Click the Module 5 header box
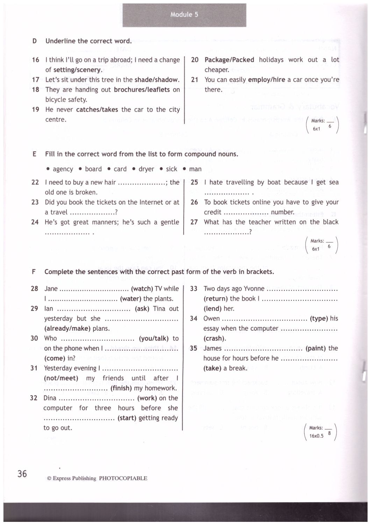click(184, 15)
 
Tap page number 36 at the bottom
click(22, 474)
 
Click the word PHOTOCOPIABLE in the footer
click(123, 478)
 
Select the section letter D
click(35, 41)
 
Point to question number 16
click(36, 60)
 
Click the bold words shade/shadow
click(156, 80)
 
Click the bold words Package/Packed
click(229, 60)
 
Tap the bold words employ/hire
click(266, 80)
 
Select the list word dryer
click(146, 169)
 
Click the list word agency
click(63, 169)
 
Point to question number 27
click(194, 222)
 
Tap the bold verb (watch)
click(142, 289)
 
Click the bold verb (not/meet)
click(61, 378)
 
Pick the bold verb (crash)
click(215, 338)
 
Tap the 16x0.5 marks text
click(316, 436)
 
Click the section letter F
click(34, 272)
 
